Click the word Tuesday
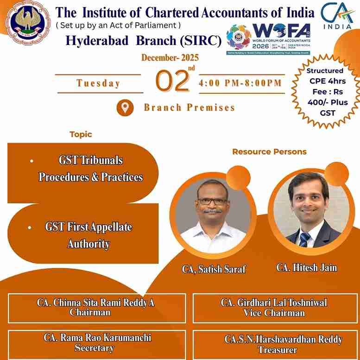pyautogui.click(x=98, y=83)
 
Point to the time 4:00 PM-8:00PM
pyautogui.click(x=240, y=83)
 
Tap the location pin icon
pyautogui.click(x=125, y=108)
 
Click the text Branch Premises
pyautogui.click(x=189, y=107)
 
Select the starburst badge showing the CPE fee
pyautogui.click(x=325, y=92)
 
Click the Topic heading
pyautogui.click(x=81, y=134)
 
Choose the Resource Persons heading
pyautogui.click(x=269, y=152)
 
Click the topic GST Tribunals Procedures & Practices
pyautogui.click(x=90, y=169)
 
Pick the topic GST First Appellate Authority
pyautogui.click(x=88, y=235)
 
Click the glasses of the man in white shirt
pyautogui.click(x=211, y=201)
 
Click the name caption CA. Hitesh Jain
pyautogui.click(x=307, y=267)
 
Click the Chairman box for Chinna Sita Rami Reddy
pyautogui.click(x=96, y=307)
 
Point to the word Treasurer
pyautogui.click(x=277, y=350)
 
